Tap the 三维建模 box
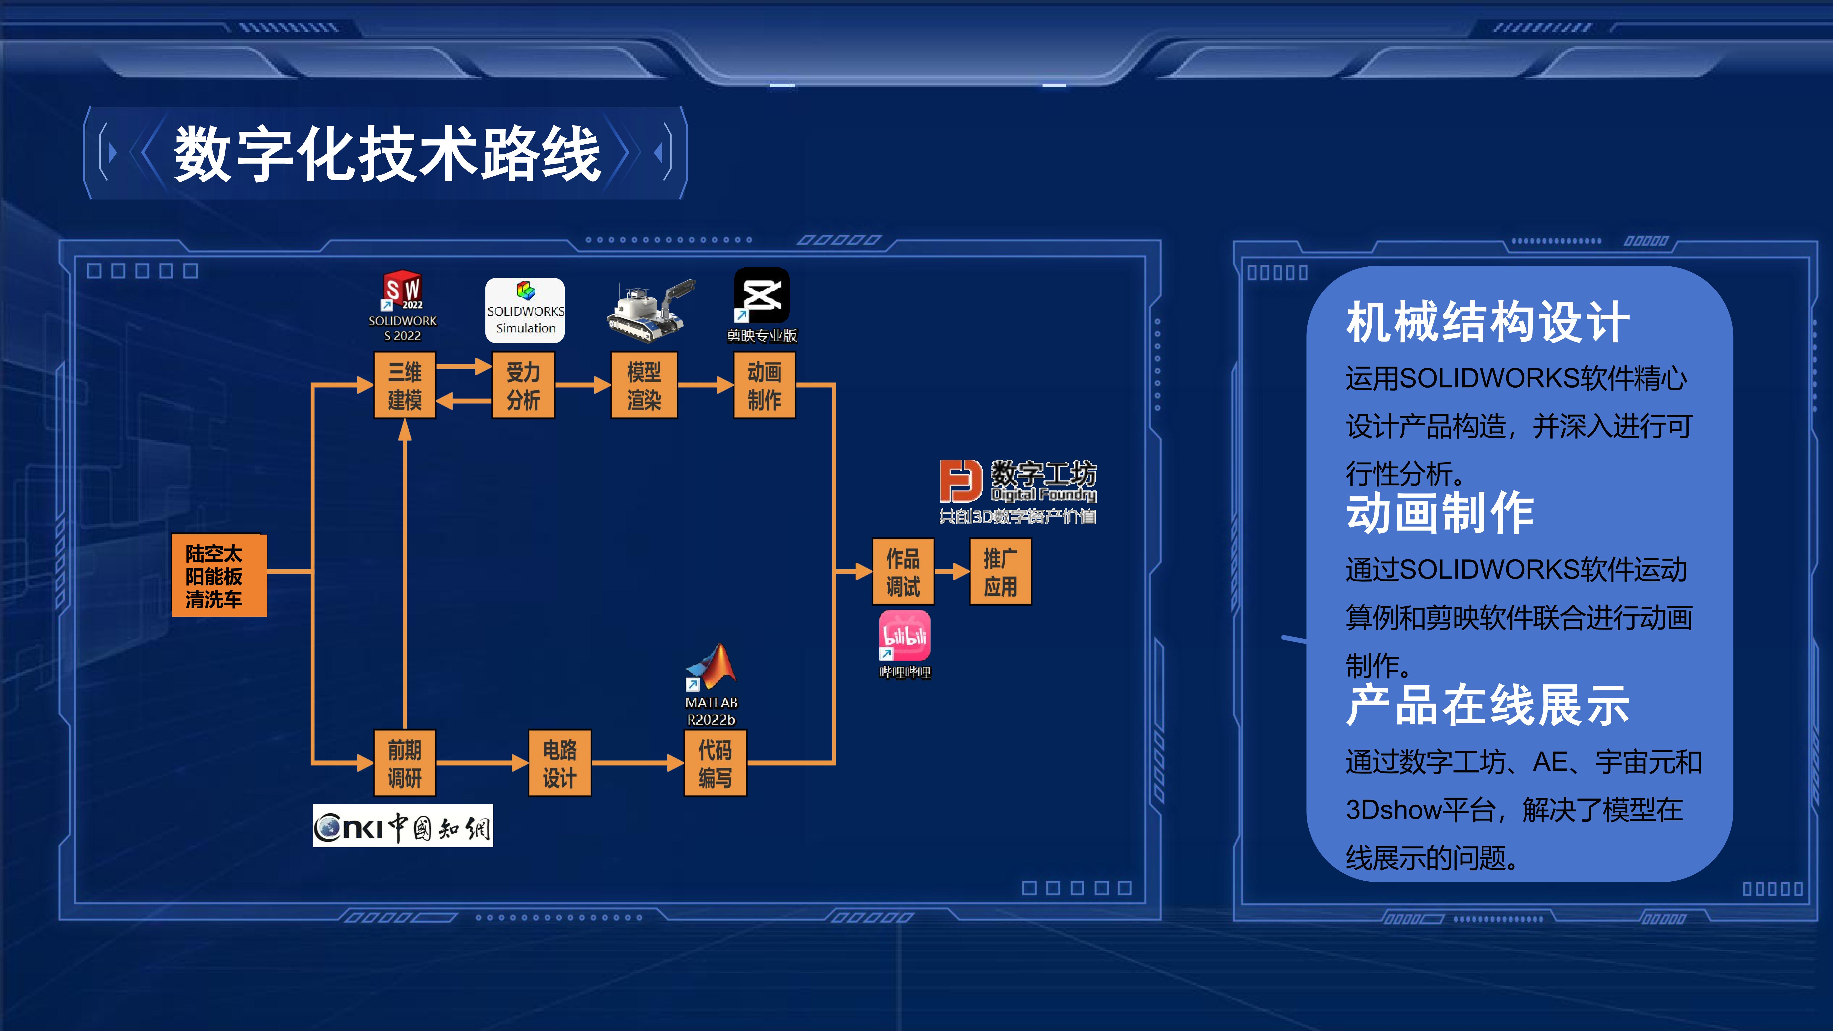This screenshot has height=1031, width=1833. (404, 386)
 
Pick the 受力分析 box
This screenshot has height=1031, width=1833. (523, 386)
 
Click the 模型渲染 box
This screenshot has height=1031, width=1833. (644, 386)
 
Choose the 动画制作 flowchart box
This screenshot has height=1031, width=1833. (764, 386)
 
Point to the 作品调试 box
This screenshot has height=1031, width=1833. (903, 572)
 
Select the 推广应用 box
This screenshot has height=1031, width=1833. (1000, 572)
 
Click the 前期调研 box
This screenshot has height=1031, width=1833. (404, 763)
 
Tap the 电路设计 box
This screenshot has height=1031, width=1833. (559, 763)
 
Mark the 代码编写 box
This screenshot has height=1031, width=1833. (714, 763)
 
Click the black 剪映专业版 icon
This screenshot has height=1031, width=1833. (761, 295)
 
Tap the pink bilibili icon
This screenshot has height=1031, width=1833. (904, 635)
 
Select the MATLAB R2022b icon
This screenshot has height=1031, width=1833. (711, 669)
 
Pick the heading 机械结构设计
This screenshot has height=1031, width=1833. (1487, 322)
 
